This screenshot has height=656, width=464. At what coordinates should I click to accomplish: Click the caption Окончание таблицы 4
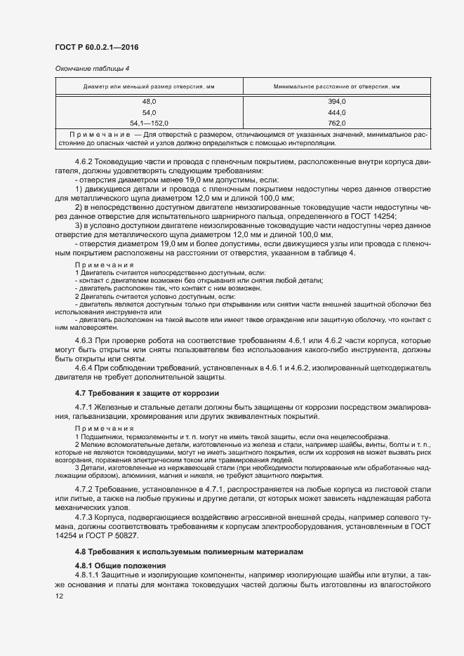[x=88, y=69]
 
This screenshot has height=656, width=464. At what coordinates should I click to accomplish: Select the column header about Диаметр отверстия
[x=150, y=86]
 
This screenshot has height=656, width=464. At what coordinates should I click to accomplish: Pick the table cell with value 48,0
[x=150, y=102]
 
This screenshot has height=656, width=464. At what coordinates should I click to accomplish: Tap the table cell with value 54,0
[x=150, y=112]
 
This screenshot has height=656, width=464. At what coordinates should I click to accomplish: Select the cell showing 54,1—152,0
[x=150, y=123]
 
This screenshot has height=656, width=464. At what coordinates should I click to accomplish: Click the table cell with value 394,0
[x=337, y=102]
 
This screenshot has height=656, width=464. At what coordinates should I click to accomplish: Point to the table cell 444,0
[x=337, y=112]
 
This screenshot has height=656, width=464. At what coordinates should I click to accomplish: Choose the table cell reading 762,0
[x=337, y=123]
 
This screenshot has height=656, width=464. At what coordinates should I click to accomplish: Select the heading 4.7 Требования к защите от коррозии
[x=147, y=393]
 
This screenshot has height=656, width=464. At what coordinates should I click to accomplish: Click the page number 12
[x=59, y=596]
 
